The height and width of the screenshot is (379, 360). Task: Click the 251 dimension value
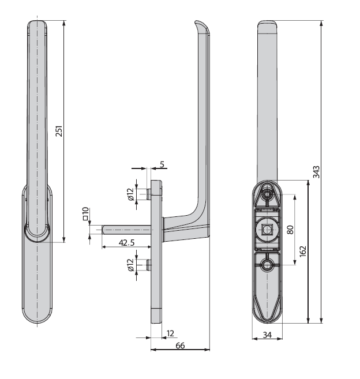point(59,131)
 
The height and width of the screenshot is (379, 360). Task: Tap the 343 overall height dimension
point(316,172)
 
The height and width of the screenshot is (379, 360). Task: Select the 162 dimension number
point(303,252)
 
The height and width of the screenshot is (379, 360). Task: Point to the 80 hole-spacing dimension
point(290,230)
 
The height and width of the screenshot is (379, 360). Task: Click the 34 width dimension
point(267,335)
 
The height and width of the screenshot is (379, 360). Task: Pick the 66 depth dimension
point(180,346)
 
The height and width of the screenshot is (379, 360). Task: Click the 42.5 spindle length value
point(126,242)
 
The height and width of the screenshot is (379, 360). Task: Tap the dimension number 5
point(162,164)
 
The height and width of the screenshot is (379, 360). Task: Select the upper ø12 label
point(130,194)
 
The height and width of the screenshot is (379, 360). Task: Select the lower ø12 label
point(130,265)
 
